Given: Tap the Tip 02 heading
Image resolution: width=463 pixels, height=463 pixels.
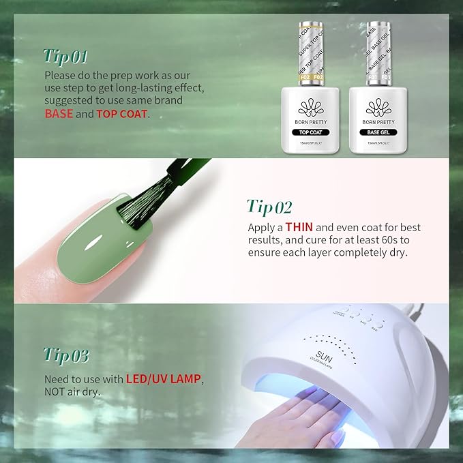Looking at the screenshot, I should point(270,207).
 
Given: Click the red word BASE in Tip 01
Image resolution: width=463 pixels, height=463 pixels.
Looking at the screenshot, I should point(59,114).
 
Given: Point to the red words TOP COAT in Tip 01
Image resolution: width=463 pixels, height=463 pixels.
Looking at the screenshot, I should point(121,114).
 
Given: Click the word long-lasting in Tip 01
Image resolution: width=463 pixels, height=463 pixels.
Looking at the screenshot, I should point(163,88).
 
